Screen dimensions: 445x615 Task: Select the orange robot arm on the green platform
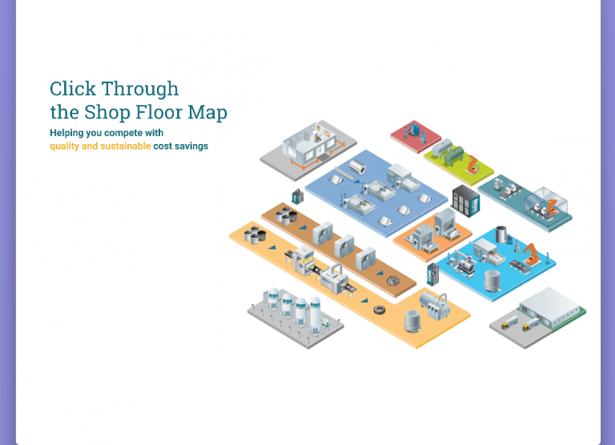(x=472, y=165)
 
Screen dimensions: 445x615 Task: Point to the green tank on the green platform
(x=443, y=150)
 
